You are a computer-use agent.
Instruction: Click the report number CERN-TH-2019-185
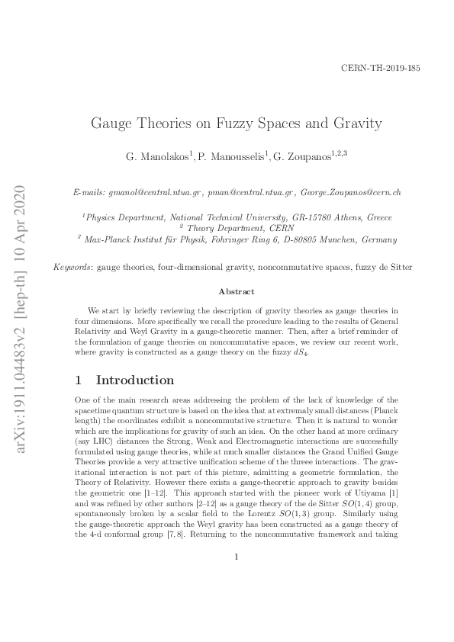(x=379, y=68)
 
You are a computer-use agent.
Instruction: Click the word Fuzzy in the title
(x=246, y=123)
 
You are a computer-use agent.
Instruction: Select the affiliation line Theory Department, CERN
(x=227, y=228)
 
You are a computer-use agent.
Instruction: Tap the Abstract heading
(x=237, y=291)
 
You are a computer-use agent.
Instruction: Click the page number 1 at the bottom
(x=237, y=599)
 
